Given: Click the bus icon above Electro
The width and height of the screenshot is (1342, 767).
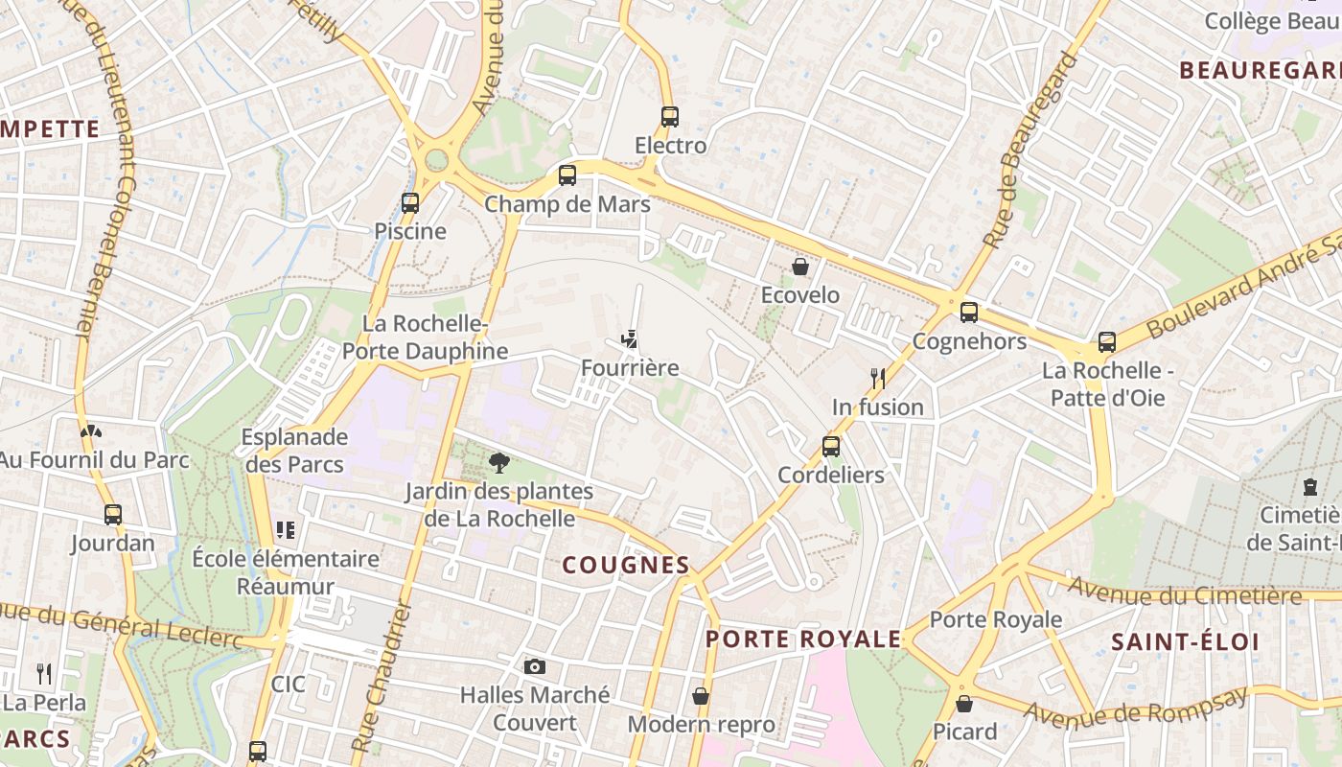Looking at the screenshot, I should click(670, 117).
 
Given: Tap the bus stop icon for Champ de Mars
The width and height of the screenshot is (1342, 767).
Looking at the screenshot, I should click(567, 175).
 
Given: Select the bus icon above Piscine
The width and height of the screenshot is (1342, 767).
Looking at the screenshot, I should click(410, 203).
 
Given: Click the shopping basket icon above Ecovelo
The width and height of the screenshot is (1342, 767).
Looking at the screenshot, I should click(800, 267).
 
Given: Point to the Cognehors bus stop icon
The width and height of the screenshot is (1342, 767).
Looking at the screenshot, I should click(969, 313).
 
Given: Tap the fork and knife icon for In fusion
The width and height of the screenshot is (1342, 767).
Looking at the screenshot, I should click(877, 378).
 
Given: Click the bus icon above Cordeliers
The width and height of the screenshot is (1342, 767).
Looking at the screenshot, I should click(831, 446).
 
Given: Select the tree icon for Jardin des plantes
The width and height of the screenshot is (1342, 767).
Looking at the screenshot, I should click(498, 464).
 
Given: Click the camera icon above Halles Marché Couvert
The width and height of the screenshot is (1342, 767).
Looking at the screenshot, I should click(535, 666).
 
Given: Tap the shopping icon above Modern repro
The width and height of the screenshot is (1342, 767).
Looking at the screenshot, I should click(701, 696).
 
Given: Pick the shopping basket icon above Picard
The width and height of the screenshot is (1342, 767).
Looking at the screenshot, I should click(964, 704).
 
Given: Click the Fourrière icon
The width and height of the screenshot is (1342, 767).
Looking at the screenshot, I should click(630, 339).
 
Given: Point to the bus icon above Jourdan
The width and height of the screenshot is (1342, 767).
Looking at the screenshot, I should click(113, 515).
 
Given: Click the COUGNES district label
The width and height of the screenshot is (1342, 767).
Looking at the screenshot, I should click(626, 566).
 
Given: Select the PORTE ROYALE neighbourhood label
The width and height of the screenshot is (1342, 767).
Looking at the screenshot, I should click(803, 639).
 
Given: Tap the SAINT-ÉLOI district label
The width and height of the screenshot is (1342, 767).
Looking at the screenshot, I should click(1185, 642).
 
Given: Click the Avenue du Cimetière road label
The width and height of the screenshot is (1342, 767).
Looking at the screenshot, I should click(1185, 593).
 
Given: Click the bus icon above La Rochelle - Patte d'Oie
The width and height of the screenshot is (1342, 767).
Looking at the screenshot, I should click(1107, 342).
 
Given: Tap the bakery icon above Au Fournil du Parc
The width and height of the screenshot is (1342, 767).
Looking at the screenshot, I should click(90, 432).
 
